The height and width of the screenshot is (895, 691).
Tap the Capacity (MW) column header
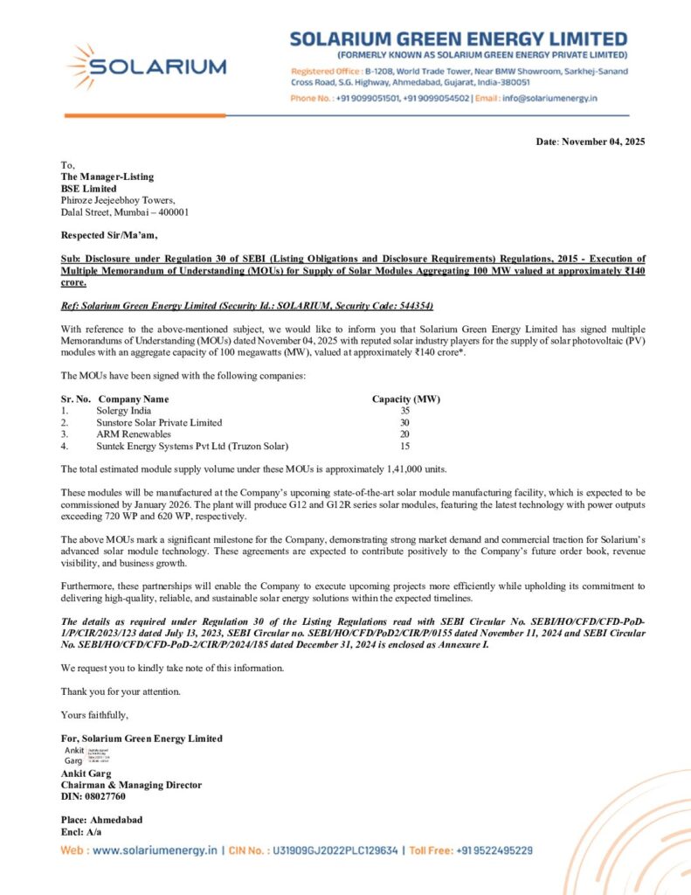coord(406,399)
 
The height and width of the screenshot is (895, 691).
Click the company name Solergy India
coord(124,411)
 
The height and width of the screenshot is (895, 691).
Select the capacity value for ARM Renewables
coord(404,434)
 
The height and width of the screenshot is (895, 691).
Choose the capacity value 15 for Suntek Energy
coord(404,446)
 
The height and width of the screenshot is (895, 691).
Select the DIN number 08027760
coord(105,796)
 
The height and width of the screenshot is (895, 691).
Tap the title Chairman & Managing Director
coord(131,785)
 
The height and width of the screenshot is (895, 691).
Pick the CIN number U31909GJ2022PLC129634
coord(335,850)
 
